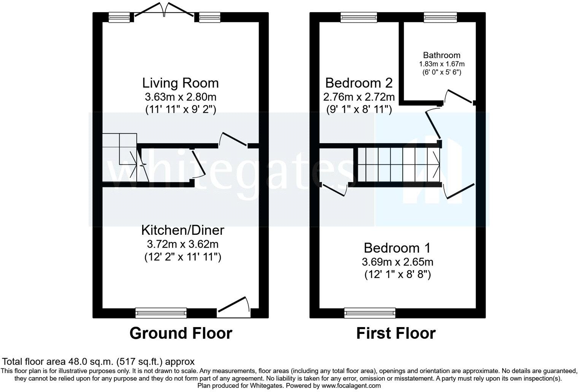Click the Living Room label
click(181, 83)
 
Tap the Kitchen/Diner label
click(183, 230)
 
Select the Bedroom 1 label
click(397, 248)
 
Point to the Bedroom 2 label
click(359, 83)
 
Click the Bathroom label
click(441, 55)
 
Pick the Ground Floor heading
click(181, 333)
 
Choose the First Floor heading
click(395, 333)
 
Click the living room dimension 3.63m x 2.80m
click(181, 96)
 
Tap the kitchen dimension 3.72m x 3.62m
click(183, 244)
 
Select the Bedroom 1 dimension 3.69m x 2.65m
click(397, 262)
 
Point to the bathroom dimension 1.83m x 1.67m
click(441, 64)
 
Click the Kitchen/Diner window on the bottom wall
click(161, 313)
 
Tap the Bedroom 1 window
click(370, 313)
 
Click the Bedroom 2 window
click(359, 17)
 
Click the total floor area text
click(99, 362)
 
